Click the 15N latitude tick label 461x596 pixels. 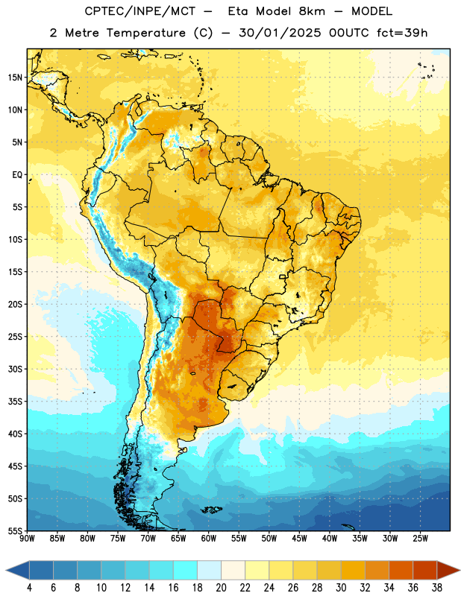(x=15, y=77)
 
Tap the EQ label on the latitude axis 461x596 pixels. (x=17, y=175)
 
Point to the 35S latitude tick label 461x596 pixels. (x=15, y=402)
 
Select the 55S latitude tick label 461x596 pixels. (x=15, y=531)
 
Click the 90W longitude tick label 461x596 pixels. (x=27, y=539)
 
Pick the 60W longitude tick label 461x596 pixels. (x=209, y=539)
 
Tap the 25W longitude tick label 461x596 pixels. (x=420, y=539)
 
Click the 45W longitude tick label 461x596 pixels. (x=299, y=539)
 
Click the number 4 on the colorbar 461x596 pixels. (x=29, y=588)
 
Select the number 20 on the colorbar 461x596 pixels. (x=221, y=588)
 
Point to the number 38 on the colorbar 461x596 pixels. (x=437, y=588)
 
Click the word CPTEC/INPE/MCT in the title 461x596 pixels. (x=139, y=11)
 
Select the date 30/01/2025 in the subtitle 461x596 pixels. (x=280, y=33)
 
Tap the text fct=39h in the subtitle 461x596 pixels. (x=402, y=33)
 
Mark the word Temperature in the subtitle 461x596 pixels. (x=145, y=33)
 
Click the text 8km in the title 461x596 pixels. (x=312, y=11)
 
